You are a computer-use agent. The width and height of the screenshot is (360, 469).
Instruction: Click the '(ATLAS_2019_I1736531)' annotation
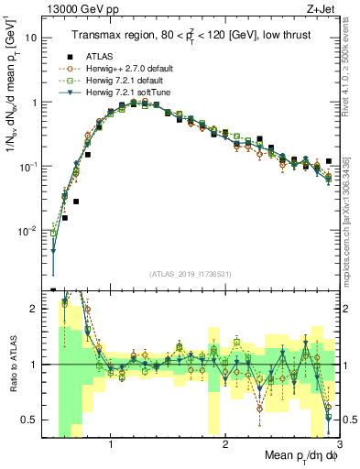[x=189, y=274]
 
